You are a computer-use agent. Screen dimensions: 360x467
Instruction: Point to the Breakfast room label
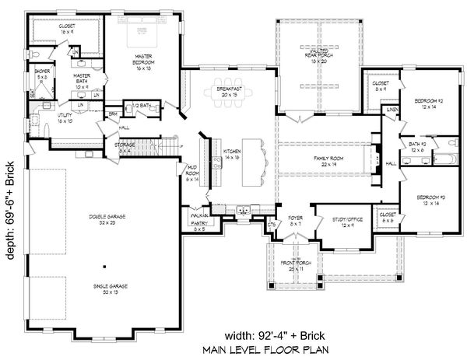point(229,90)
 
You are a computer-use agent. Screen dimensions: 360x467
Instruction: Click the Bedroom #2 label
point(428,103)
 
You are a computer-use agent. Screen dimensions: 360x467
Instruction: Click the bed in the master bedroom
point(142,31)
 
